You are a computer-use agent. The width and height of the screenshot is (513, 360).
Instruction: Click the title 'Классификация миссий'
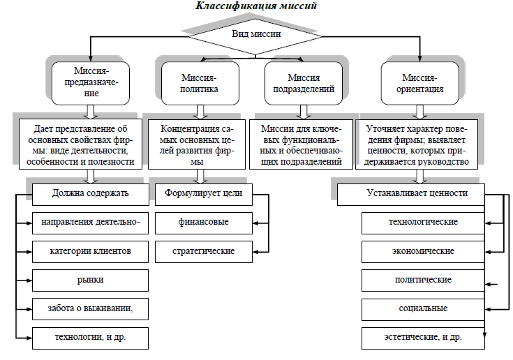[x=256, y=6]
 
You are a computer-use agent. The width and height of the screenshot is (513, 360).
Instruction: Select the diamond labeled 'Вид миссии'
[x=255, y=36]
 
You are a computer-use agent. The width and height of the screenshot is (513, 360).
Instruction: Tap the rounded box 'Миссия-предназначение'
[x=91, y=84]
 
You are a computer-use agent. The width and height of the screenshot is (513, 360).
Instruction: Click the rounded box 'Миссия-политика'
[x=200, y=84]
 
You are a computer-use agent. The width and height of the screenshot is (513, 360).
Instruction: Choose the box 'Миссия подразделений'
[x=304, y=84]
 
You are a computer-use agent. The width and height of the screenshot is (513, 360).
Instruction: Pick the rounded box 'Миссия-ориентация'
[x=419, y=84]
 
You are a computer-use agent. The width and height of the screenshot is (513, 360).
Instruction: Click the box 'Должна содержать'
[x=91, y=195]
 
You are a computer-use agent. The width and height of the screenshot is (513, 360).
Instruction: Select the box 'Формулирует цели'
[x=204, y=195]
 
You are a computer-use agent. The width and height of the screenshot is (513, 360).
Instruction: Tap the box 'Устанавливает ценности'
[x=411, y=195]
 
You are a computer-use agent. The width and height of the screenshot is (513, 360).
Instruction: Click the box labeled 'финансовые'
[x=204, y=223]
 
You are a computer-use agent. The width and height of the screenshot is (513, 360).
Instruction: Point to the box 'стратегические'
[x=204, y=252]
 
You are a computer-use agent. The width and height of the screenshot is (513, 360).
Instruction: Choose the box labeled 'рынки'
[x=90, y=280]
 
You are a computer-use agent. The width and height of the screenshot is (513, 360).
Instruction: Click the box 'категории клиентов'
[x=90, y=252]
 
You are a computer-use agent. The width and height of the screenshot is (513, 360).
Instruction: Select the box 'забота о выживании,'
[x=90, y=309]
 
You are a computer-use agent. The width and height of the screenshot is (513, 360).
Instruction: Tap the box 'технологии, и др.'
[x=90, y=338]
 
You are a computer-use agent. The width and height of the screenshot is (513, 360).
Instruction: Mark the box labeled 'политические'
[x=423, y=280]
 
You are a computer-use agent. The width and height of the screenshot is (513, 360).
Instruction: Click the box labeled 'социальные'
[x=423, y=309]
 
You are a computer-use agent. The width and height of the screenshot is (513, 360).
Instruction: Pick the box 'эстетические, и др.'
[x=423, y=338]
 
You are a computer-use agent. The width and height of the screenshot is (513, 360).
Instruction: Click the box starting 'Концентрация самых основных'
[x=197, y=144]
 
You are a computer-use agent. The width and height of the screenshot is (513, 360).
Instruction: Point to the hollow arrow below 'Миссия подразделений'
[x=304, y=112]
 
